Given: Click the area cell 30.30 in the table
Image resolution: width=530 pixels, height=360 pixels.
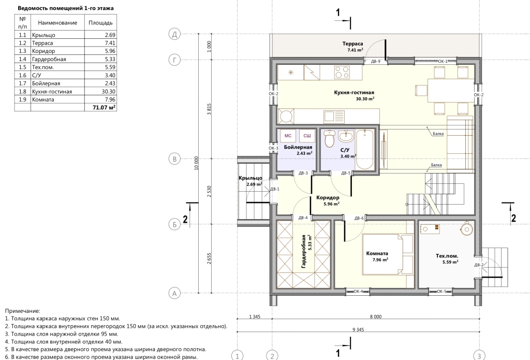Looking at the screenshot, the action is click(108, 91).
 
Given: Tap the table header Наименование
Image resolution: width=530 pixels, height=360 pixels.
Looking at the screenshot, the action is click(57, 23).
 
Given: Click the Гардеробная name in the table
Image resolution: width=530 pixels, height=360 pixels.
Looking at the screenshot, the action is click(49, 59).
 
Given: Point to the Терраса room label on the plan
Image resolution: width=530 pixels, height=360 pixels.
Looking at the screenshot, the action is click(352, 44).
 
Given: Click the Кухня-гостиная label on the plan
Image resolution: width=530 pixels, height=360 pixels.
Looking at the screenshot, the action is click(354, 92).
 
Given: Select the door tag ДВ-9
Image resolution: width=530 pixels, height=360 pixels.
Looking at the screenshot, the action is click(376, 62).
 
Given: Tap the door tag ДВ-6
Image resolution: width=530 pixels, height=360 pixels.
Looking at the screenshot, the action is click(359, 219).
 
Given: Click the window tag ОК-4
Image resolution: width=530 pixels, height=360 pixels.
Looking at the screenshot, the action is click(358, 291).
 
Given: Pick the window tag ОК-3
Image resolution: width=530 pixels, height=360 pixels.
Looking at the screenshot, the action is click(273, 148).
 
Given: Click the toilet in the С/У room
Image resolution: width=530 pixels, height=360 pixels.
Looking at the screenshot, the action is click(329, 138).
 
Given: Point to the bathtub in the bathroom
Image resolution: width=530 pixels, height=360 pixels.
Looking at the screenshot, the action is click(365, 149).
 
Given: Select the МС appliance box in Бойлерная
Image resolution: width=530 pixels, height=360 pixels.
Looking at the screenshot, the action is click(288, 136).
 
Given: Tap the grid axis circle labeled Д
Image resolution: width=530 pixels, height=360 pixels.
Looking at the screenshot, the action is click(174, 34).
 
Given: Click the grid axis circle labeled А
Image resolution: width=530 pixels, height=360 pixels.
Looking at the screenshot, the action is click(174, 293).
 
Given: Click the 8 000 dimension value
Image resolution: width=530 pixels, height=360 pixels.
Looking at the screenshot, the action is click(376, 316).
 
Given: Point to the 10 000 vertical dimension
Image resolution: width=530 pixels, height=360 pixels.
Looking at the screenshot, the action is click(196, 163).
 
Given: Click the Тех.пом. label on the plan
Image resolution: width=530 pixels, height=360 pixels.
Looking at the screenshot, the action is click(447, 256).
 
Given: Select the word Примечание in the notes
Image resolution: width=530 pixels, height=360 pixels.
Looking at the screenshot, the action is click(22, 311).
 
